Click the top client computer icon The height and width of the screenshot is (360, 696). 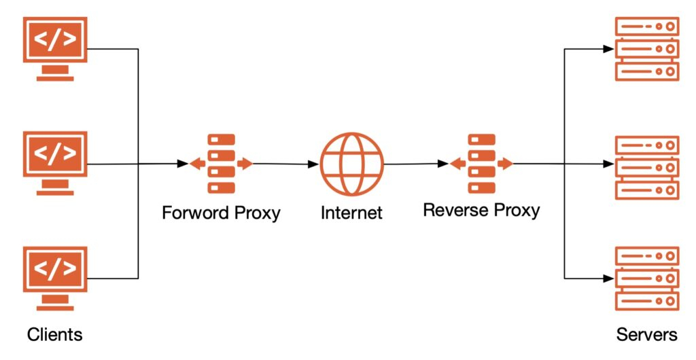[x=55, y=42]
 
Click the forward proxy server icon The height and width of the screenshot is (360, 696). [x=221, y=164]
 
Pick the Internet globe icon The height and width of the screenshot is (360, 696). [x=351, y=164]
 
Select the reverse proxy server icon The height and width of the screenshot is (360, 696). [x=481, y=164]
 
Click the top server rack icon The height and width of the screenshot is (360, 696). [x=647, y=49]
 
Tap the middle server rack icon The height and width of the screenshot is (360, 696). [x=647, y=167]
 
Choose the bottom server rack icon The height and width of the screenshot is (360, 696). [x=647, y=278]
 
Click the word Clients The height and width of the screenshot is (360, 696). [x=55, y=335]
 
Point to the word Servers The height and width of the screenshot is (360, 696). [x=646, y=335]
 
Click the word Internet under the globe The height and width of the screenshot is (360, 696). [x=351, y=213]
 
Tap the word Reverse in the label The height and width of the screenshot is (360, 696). [x=452, y=209]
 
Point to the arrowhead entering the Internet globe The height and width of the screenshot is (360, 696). [x=315, y=164]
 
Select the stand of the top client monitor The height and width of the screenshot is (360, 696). [x=55, y=73]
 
